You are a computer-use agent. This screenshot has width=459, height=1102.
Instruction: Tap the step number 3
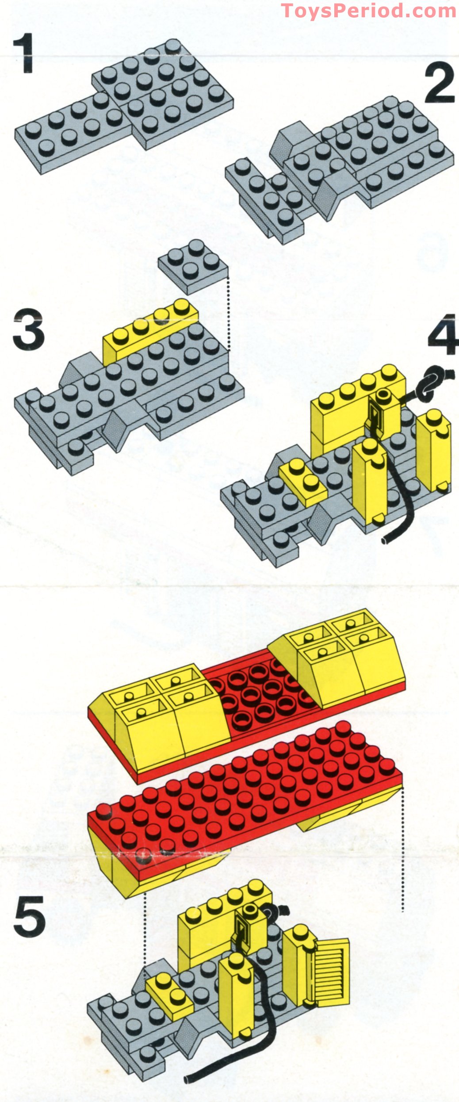(x=28, y=330)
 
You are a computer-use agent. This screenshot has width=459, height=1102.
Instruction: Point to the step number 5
(x=29, y=917)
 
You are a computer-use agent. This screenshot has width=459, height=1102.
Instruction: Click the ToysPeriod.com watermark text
(x=368, y=10)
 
